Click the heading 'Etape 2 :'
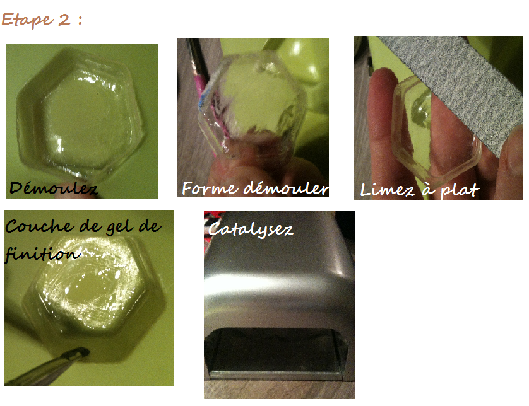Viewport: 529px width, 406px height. point(42,20)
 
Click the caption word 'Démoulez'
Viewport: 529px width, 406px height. point(53,188)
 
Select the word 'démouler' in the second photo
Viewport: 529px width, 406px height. point(286,188)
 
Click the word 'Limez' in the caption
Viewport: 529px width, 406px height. point(386,190)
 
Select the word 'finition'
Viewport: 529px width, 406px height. point(42,253)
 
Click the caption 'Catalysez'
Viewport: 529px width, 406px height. point(251,229)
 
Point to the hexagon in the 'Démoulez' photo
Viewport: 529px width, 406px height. point(81,115)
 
